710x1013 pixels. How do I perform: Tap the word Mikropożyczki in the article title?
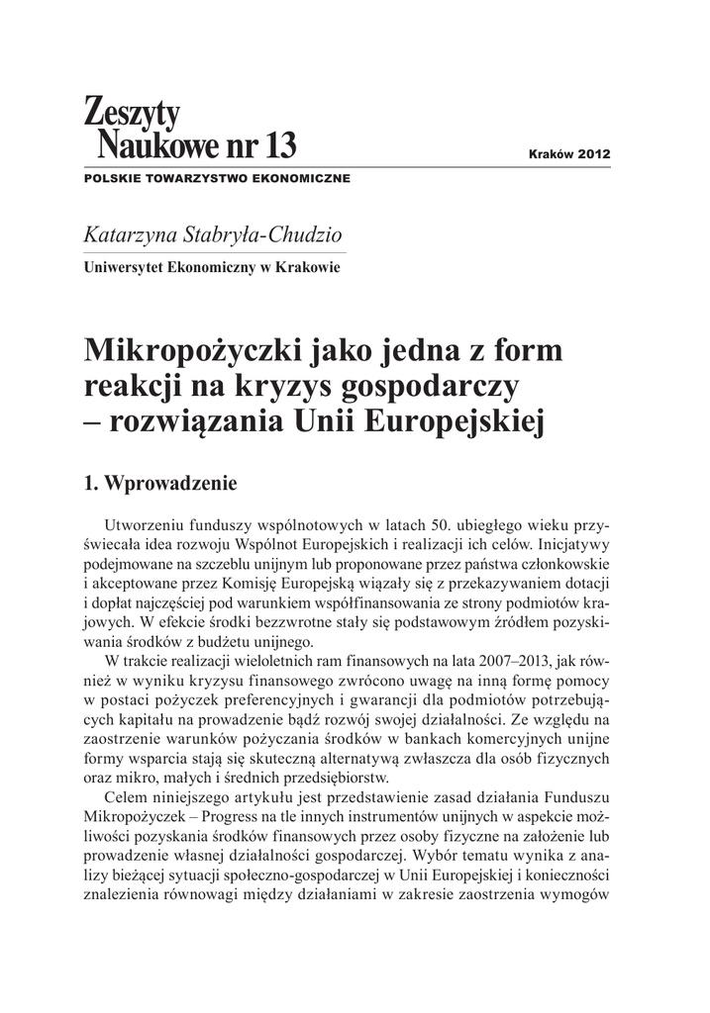click(196, 350)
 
